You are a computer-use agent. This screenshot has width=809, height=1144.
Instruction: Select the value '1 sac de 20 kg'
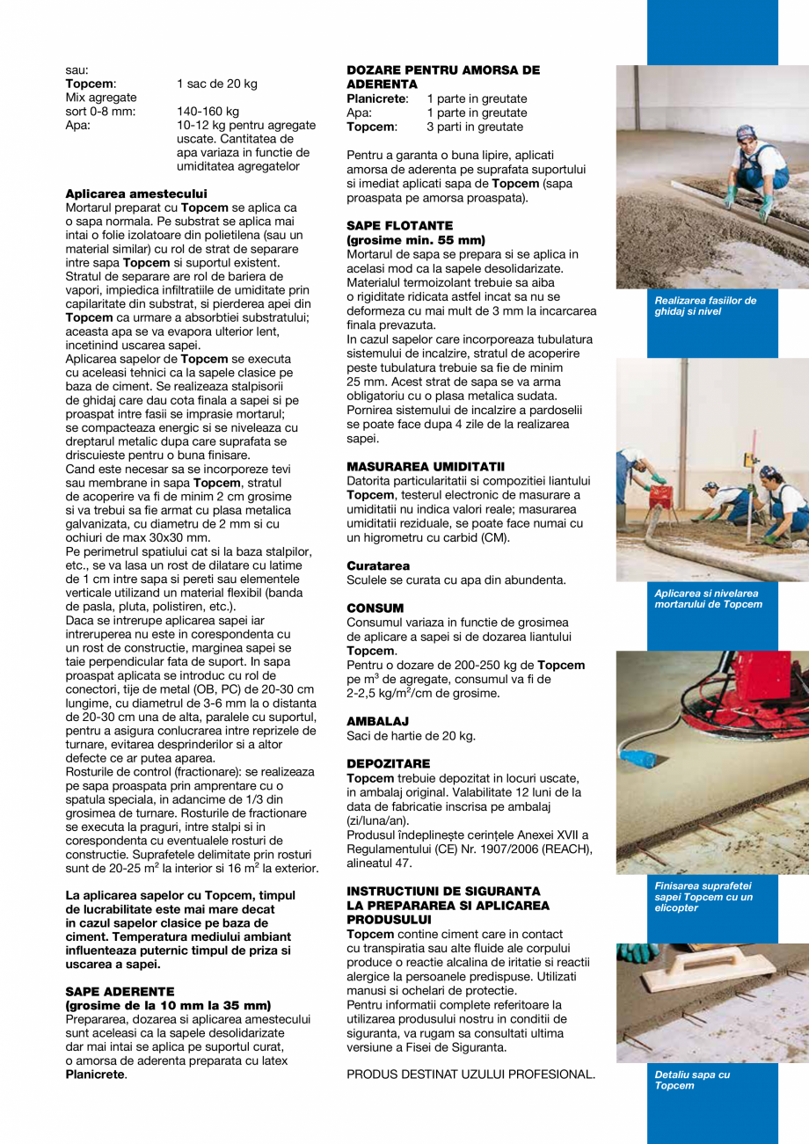point(216,84)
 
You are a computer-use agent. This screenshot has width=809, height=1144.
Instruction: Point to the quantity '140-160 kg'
point(208,112)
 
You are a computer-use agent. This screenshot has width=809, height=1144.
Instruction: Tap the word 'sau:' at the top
point(77,70)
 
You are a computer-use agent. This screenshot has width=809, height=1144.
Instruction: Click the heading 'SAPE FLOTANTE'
point(399,226)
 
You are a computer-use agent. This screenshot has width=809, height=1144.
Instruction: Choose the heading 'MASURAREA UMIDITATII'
point(426,466)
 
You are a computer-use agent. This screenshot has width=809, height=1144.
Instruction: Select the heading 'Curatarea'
point(378,565)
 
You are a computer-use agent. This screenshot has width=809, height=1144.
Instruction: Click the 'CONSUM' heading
point(375,608)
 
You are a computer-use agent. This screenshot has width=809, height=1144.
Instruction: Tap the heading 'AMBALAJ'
point(377,721)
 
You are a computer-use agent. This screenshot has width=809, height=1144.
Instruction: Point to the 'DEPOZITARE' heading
point(388,763)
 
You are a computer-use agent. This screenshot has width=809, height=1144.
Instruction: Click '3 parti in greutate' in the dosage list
point(475,127)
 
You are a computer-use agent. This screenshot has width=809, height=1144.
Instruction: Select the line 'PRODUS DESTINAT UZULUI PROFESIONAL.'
point(470,1074)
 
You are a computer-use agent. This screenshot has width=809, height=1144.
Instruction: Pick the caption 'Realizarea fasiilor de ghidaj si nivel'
point(704,306)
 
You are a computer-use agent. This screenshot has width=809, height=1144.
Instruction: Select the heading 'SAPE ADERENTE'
point(120,990)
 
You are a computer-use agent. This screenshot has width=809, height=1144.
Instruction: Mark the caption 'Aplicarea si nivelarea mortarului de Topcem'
point(708,599)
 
